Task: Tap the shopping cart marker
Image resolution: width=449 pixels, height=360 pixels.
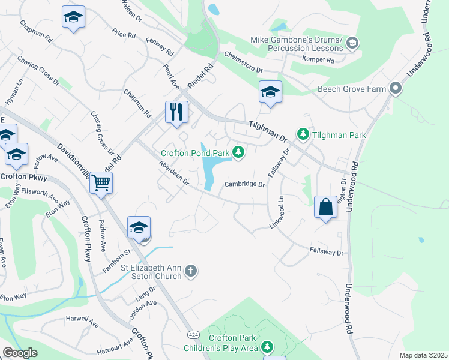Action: [101, 182]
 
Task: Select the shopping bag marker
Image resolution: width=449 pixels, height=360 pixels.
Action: [325, 208]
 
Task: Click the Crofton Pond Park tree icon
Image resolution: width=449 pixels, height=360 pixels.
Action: [239, 152]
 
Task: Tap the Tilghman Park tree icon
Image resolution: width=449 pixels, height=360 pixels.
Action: [304, 135]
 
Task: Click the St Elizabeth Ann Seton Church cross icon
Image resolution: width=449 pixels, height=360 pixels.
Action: [191, 271]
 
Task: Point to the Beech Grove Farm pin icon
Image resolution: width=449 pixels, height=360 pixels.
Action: [395, 89]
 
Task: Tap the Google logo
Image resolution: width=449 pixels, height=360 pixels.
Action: [20, 353]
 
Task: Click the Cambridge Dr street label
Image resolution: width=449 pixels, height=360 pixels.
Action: [245, 185]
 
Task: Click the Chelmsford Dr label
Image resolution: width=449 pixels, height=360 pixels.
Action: [244, 62]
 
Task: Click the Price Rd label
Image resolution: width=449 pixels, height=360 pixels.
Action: [124, 34]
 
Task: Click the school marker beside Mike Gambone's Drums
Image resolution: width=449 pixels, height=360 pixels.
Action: [352, 42]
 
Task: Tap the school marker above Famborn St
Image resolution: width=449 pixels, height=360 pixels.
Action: [138, 227]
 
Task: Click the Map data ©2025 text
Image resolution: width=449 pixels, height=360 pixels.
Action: [423, 355]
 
